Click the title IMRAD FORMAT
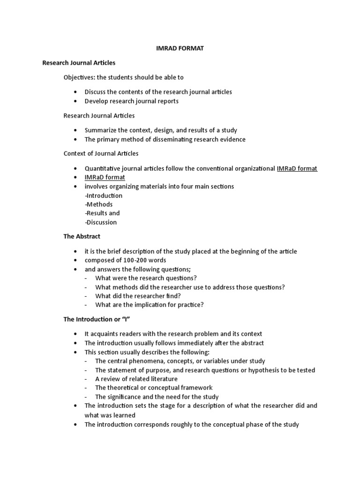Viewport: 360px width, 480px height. (x=180, y=48)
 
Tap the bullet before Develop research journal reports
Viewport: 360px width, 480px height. (x=75, y=101)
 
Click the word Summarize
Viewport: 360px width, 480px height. (x=101, y=130)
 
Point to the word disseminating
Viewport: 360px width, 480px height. (x=171, y=139)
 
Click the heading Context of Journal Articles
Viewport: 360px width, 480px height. (x=101, y=153)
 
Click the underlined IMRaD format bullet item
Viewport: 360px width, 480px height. (x=105, y=177)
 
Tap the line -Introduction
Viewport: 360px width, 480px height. (x=104, y=195)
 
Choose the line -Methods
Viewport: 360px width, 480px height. (x=98, y=204)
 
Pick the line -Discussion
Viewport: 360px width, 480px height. (x=101, y=222)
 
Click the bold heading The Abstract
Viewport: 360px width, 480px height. (x=82, y=237)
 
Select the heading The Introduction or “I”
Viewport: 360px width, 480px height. (x=96, y=319)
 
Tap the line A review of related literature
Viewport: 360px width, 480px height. (x=136, y=379)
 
